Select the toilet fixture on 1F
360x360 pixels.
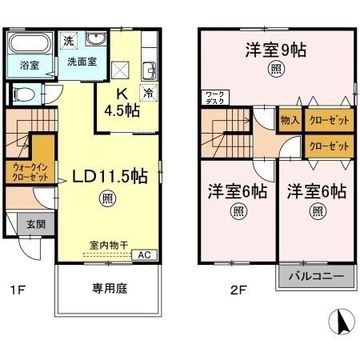coord(26,94)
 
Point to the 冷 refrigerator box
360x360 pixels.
coord(148,92)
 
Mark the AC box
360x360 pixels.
coord(145,255)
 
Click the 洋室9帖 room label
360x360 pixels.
coord(276,50)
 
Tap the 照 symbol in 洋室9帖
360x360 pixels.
coord(276,70)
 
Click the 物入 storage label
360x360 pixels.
coord(290,121)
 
